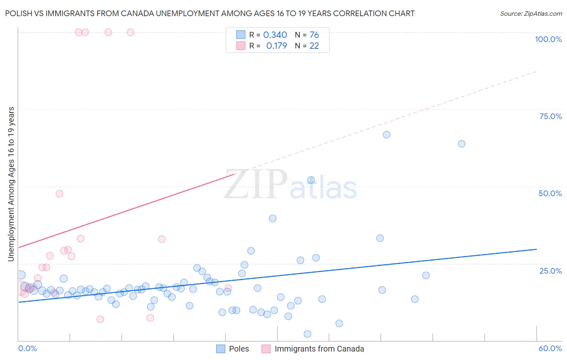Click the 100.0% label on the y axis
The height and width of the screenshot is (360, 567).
point(548,39)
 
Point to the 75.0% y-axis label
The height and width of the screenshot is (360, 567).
point(550,116)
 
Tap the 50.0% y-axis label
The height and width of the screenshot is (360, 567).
point(550,193)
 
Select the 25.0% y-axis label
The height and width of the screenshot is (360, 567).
point(550,270)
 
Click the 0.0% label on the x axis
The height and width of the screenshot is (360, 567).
point(27,348)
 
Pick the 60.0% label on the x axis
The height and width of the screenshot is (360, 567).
point(550,348)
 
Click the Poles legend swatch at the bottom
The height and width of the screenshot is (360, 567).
point(221,349)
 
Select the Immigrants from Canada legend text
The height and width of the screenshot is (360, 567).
point(319,349)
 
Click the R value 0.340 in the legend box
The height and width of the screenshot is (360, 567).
point(275,35)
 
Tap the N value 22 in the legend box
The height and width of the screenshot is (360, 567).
point(314,46)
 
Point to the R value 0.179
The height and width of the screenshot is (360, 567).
point(277,46)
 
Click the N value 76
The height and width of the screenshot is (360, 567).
point(314,35)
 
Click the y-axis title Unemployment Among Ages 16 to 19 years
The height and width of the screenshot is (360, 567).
point(11,184)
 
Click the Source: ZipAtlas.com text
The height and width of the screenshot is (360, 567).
point(531,14)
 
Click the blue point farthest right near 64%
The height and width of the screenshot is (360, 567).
point(462,144)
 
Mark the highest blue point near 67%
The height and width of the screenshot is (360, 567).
point(386,135)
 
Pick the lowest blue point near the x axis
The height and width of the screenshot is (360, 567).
point(307,334)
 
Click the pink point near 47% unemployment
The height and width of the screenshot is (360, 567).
point(59,194)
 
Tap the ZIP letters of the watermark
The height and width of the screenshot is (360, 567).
point(255,184)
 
